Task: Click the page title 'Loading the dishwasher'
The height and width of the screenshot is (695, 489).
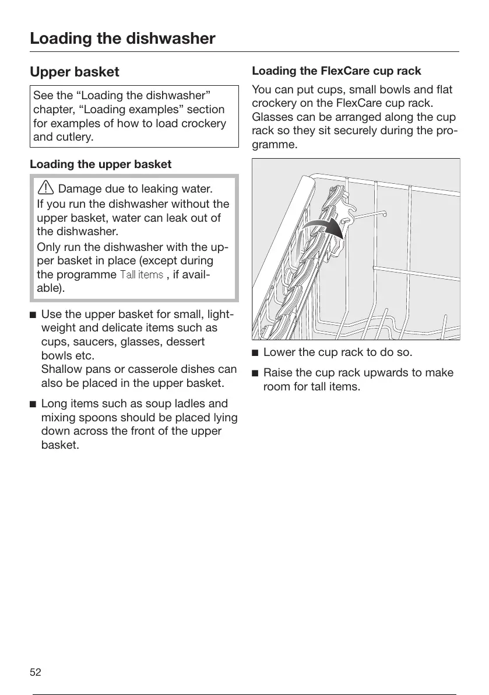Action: (122, 39)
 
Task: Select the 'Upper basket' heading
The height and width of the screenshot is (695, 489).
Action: (75, 72)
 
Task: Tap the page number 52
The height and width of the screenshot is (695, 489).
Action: (36, 672)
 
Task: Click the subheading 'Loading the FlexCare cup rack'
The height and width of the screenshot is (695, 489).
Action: (336, 71)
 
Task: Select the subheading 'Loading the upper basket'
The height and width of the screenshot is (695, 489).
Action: (100, 165)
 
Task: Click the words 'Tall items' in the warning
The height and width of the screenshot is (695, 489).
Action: (141, 274)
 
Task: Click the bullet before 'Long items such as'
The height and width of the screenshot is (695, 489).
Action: (33, 404)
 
